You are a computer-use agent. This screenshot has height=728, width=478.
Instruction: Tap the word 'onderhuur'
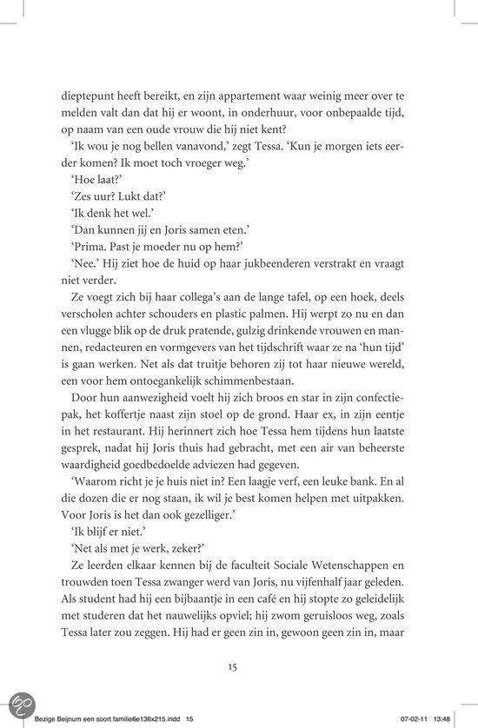pyautogui.click(x=313, y=115)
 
